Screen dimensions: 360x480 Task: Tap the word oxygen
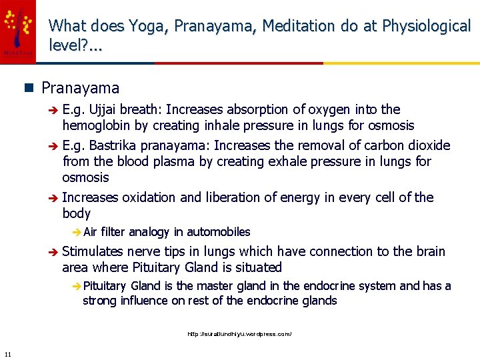(x=322, y=109)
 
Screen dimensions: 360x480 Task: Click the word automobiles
(x=218, y=232)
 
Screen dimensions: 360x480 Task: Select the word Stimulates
(x=95, y=251)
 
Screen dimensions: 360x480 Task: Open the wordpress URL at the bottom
(x=239, y=333)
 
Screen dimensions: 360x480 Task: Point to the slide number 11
(x=7, y=353)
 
